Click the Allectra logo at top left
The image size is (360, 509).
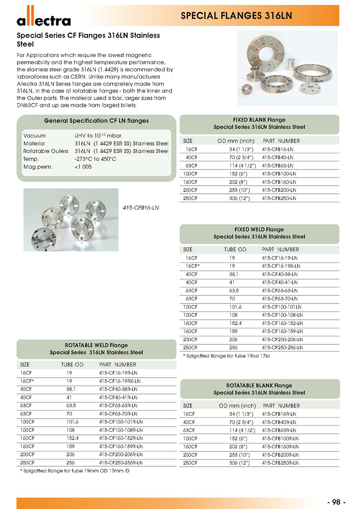[44, 19]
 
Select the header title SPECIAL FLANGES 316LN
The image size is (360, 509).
[236, 16]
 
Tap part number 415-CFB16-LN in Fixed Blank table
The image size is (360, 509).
[277, 149]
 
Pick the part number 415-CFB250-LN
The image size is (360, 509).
[279, 198]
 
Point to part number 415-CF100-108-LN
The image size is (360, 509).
[282, 315]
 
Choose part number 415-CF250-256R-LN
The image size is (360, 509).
[121, 462]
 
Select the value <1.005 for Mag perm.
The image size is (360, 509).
[84, 167]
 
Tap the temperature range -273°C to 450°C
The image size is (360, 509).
[96, 159]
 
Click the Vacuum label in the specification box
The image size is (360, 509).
[34, 135]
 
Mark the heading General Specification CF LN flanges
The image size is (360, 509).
[96, 121]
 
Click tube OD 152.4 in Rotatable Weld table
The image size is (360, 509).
[70, 438]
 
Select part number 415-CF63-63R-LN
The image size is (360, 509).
[118, 405]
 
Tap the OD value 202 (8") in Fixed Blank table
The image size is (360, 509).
[236, 182]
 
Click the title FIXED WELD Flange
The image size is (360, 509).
[259, 229]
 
